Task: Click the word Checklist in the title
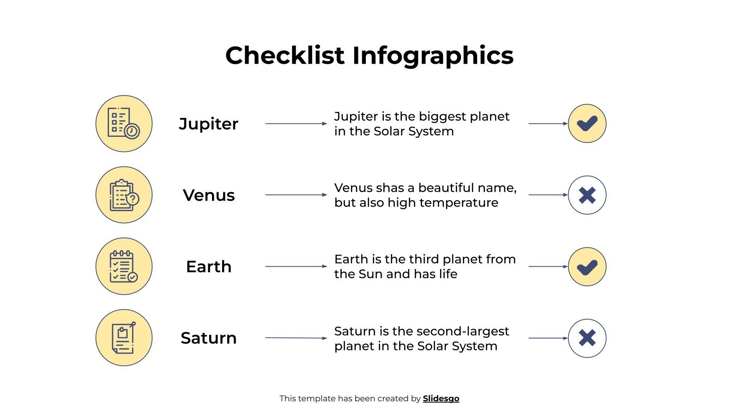pos(285,55)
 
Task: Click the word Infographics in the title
pos(433,55)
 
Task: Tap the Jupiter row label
pos(208,124)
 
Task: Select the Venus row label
pos(209,195)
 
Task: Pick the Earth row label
pos(209,267)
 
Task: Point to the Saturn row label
pos(208,338)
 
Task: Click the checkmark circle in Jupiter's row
pos(587,123)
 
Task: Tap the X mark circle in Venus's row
pos(587,195)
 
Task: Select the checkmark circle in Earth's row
pos(587,267)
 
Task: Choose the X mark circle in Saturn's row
pos(587,338)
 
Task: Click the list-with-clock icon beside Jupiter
pos(124,123)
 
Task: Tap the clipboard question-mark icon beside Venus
pos(124,195)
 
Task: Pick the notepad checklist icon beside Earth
pos(124,266)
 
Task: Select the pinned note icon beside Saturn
pos(124,338)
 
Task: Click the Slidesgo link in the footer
pos(441,398)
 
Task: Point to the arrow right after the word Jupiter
pos(296,123)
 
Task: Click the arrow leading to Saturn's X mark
pos(548,338)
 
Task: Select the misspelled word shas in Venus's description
pos(392,188)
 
